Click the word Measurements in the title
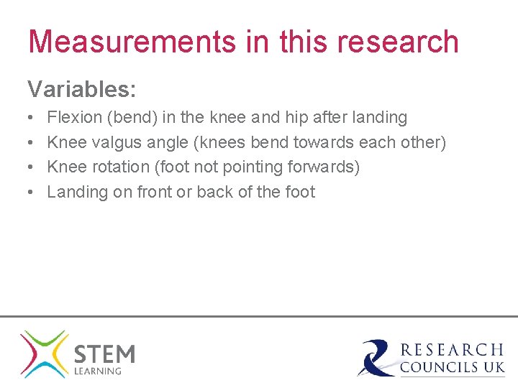(x=131, y=42)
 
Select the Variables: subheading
(x=82, y=90)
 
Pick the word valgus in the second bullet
(x=118, y=142)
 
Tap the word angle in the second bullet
(x=168, y=142)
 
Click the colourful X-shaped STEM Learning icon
(x=44, y=354)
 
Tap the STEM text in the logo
(x=104, y=354)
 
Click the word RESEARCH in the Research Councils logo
(x=452, y=350)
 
